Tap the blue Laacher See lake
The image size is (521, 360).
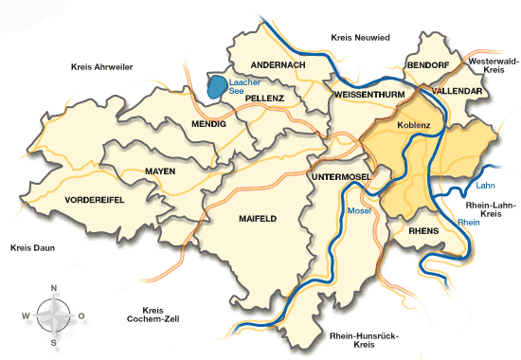click(x=218, y=87)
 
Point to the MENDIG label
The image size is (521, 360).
click(x=208, y=123)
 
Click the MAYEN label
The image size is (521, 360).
click(x=160, y=171)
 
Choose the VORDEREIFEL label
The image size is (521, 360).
click(x=96, y=201)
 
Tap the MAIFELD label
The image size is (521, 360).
click(x=257, y=218)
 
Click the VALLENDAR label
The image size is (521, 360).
click(x=458, y=90)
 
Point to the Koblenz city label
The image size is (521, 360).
click(x=414, y=124)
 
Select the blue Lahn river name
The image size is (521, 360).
click(x=487, y=187)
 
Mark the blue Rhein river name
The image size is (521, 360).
click(x=468, y=222)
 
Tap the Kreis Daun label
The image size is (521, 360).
click(x=32, y=248)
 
